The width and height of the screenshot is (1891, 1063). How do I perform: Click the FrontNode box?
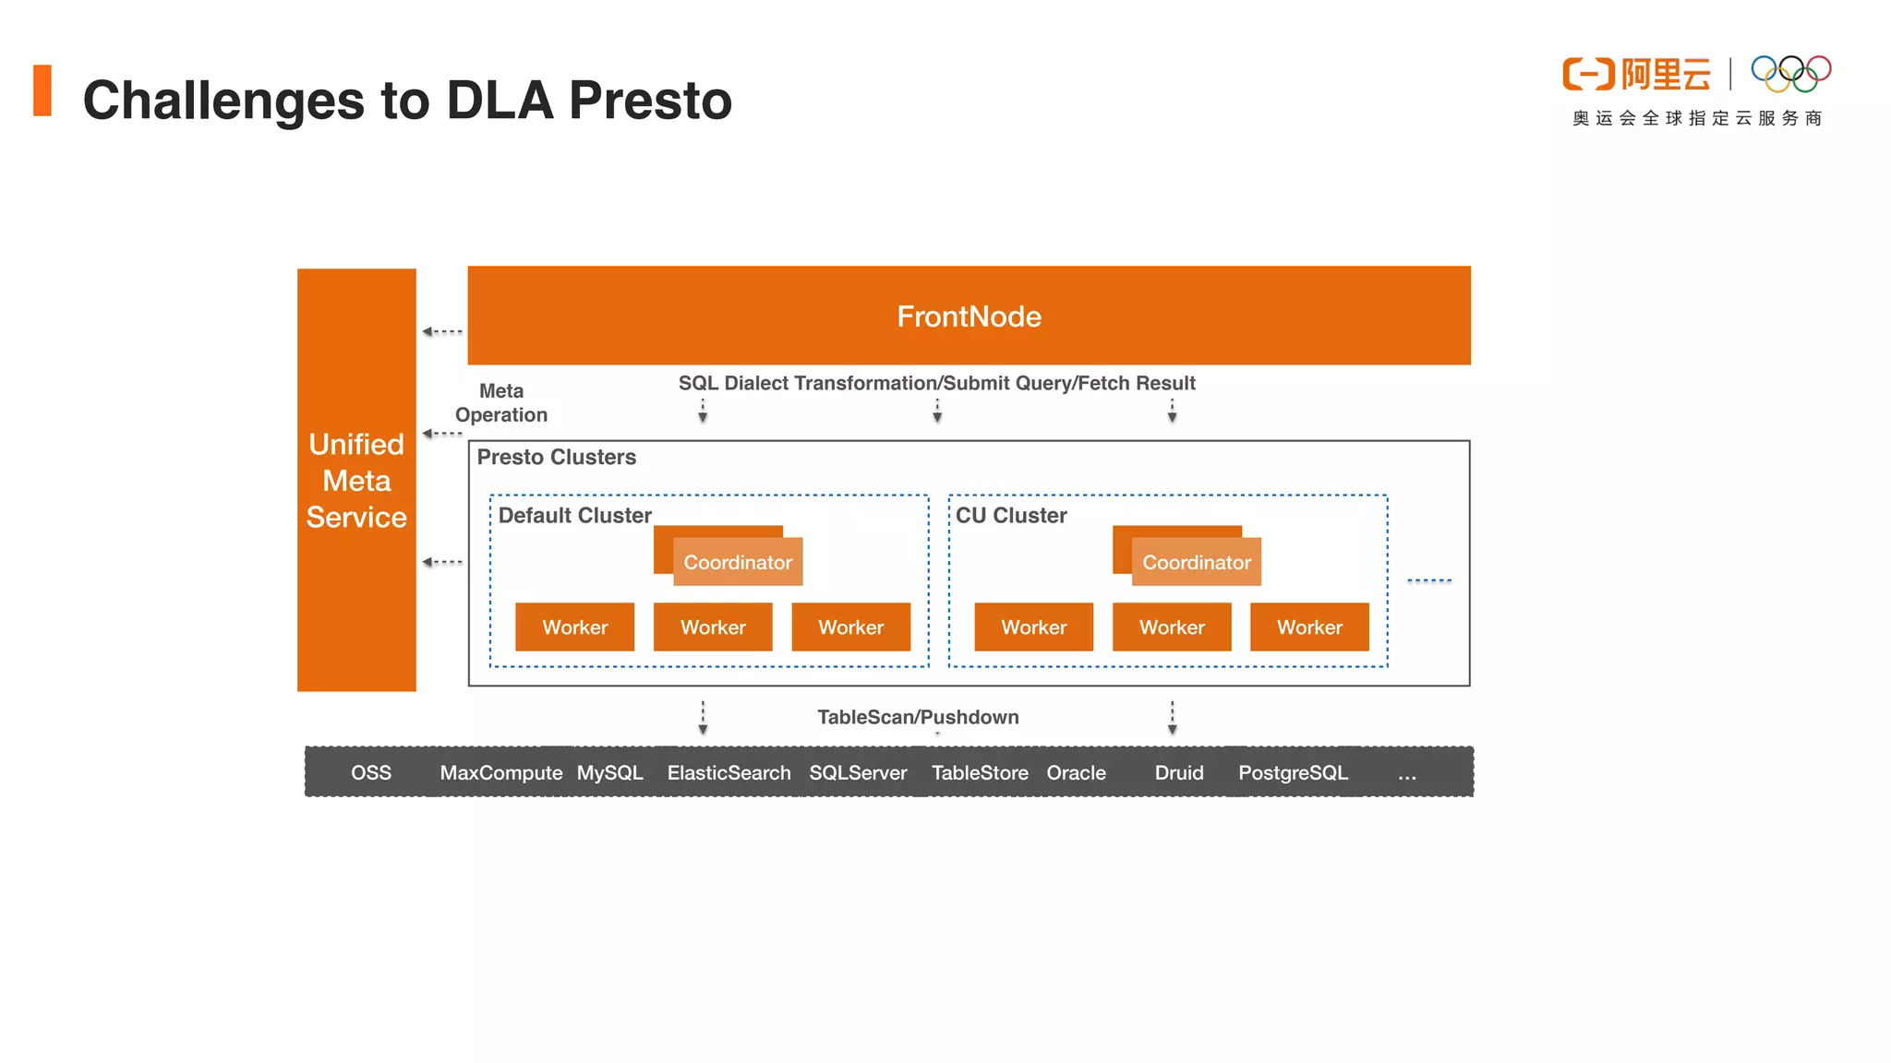969,316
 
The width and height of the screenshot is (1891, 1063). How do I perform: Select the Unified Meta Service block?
356,480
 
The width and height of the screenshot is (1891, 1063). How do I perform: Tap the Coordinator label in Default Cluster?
738,562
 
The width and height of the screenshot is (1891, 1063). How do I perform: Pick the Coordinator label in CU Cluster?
1197,562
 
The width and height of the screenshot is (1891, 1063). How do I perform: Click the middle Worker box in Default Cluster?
713,627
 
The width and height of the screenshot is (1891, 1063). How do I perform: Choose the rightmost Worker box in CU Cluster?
1309,627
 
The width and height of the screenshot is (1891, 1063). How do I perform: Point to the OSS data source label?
371,772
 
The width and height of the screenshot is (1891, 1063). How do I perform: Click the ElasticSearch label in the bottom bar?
729,772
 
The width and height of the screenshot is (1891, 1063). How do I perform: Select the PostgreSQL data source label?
1293,772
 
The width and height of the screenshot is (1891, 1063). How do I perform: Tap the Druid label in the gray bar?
1179,772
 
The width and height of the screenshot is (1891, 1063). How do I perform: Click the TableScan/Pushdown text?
918,717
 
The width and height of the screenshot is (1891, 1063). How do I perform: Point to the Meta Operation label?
501,403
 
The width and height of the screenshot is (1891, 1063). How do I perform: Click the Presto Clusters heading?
556,457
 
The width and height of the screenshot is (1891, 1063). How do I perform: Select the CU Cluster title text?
1011,515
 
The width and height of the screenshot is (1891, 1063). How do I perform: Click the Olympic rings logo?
1790,74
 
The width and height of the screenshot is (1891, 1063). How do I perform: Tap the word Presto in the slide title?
650,100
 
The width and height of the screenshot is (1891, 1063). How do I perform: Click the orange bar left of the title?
42,90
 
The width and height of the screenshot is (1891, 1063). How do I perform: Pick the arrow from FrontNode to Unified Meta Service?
442,331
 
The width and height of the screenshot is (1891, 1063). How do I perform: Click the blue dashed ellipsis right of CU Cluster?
1429,580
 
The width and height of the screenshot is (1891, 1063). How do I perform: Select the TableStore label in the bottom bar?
980,772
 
